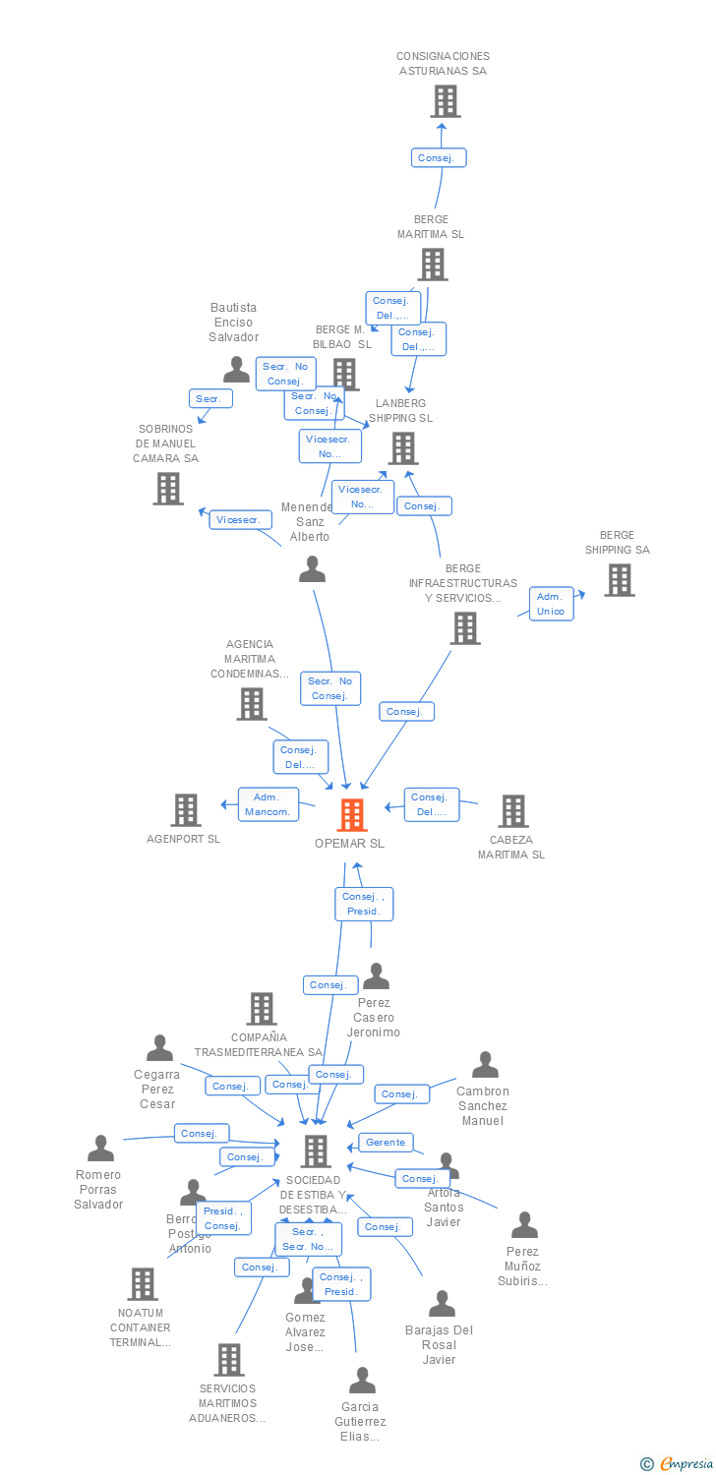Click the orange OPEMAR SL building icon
pos(352,814)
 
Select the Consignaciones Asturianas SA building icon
pos(445,101)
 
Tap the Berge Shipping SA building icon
pos(619,580)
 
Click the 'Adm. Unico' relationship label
pos(551,604)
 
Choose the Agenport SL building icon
pos(185,810)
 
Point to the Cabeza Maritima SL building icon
pos(512,811)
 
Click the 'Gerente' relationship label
pos(386,1143)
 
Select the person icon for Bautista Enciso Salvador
pos(236,370)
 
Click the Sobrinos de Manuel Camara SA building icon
pos(168,488)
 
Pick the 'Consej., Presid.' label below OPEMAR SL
pos(364,904)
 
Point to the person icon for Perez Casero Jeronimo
pos(376,976)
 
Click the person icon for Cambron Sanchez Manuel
pos(485,1065)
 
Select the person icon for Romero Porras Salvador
pos(100,1148)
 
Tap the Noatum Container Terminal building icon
pos(143,1283)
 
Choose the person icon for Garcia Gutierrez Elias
pos(362,1381)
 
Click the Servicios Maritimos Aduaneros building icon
pos(228,1360)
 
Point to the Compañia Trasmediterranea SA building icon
pos(262,1009)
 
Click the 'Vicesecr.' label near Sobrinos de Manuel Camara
pos(240,520)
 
